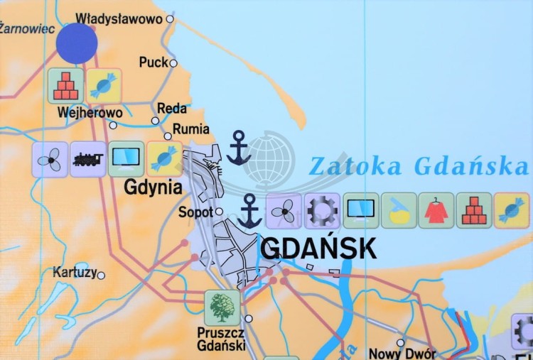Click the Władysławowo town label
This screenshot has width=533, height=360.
(119, 18)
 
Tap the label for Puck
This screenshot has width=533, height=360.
(154, 62)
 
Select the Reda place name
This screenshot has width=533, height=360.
(171, 109)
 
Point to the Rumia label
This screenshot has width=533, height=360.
(192, 129)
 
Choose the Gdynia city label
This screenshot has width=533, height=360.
(154, 187)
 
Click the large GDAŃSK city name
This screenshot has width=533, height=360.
(318, 248)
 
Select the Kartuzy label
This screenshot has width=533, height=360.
(74, 272)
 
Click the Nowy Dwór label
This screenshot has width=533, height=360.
(396, 353)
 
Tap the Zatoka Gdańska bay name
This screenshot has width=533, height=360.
(419, 166)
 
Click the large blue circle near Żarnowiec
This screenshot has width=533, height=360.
(77, 43)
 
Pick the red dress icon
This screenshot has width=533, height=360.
(436, 211)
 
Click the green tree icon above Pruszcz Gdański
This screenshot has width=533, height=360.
(222, 307)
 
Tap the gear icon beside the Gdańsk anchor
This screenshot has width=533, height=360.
(322, 211)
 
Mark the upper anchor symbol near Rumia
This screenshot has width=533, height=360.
(238, 148)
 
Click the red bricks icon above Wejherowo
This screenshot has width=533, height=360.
(65, 85)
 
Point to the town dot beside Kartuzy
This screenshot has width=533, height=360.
(101, 276)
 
